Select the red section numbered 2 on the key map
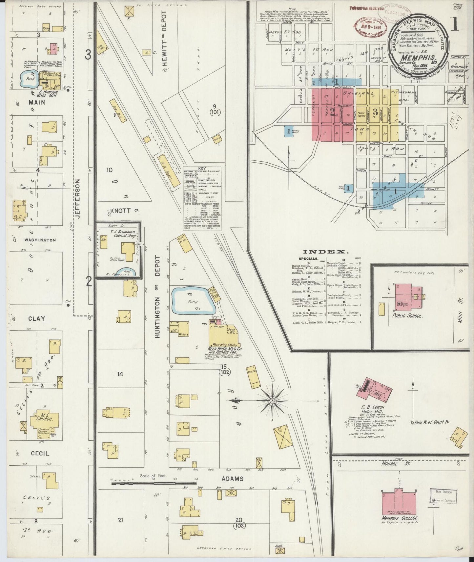pos(332,112)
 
